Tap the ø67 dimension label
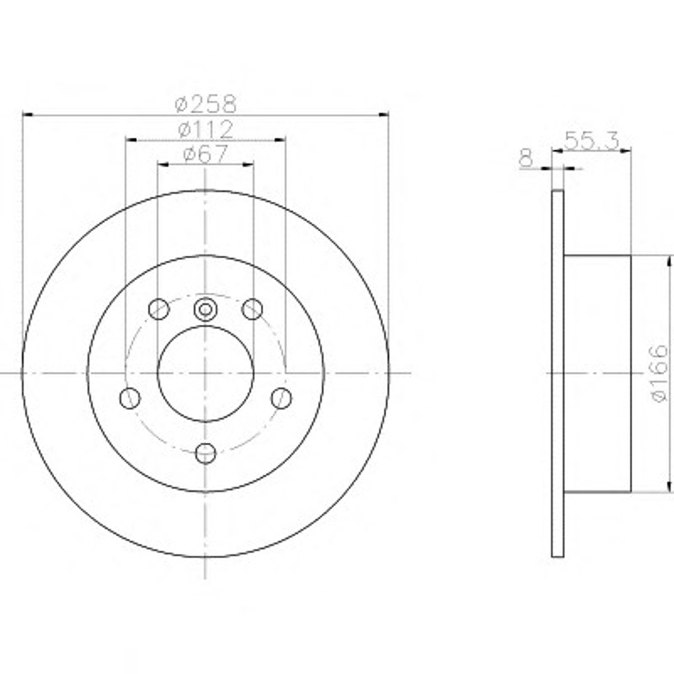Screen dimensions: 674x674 [x=206, y=154]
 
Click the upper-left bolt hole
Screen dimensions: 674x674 [x=159, y=309]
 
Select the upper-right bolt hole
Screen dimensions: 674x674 [x=252, y=309]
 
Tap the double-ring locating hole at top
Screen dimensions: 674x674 [x=206, y=310]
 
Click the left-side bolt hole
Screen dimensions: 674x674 [x=130, y=398]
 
